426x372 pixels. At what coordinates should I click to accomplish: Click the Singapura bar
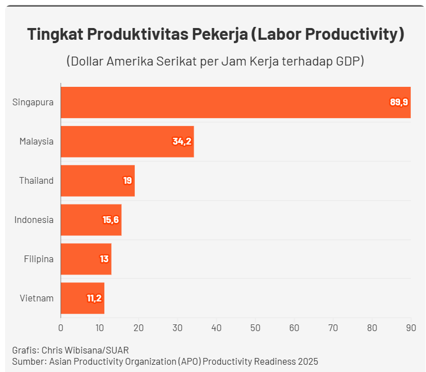[236, 103]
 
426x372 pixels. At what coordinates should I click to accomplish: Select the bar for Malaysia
[127, 141]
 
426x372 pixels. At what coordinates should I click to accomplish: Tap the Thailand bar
[98, 180]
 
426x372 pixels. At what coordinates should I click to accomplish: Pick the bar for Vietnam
[83, 298]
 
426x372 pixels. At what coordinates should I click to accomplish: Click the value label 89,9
[398, 102]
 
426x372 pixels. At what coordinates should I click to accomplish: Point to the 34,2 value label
[182, 141]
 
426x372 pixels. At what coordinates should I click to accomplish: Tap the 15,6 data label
[111, 220]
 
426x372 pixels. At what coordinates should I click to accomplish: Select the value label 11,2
[94, 298]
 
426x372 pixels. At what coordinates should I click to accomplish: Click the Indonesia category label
[34, 220]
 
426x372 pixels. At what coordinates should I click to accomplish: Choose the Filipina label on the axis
[39, 259]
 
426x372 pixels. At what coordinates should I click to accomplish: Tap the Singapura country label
[33, 103]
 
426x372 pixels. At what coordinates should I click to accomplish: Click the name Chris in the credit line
[52, 350]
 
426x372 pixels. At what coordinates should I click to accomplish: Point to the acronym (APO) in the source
[190, 361]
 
